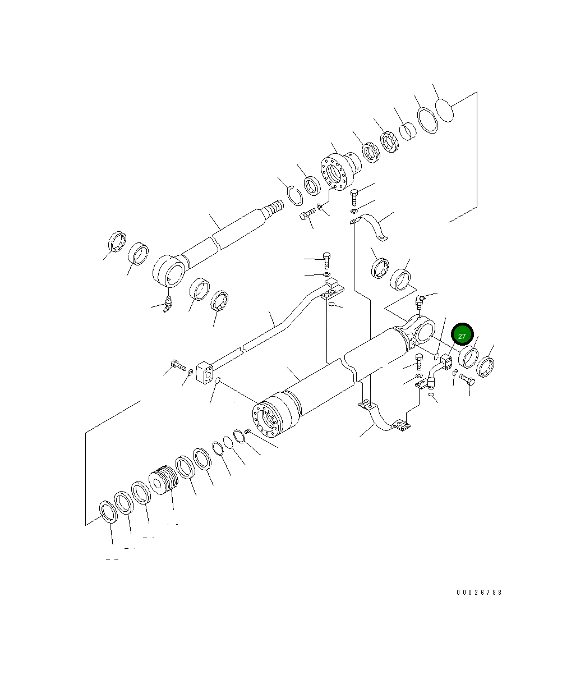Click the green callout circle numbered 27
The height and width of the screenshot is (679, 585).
462,336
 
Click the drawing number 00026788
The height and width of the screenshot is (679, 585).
479,593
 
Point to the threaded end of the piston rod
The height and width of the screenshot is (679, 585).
274,209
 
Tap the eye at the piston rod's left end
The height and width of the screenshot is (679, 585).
168,272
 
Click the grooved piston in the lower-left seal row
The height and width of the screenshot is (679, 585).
163,480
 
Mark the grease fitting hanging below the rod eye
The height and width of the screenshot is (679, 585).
168,304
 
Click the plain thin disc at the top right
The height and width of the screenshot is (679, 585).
444,109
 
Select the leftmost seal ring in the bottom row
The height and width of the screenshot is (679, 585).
108,512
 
